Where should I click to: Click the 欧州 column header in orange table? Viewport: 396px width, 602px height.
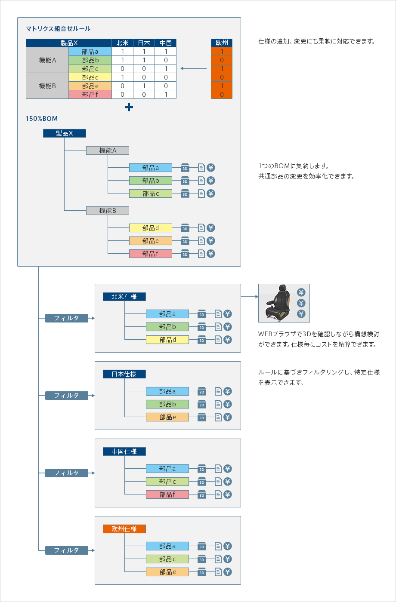[x=222, y=43]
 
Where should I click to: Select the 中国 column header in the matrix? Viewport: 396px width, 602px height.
[x=165, y=43]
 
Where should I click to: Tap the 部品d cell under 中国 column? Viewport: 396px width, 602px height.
[x=165, y=77]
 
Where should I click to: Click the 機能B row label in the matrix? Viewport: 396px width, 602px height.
[x=47, y=86]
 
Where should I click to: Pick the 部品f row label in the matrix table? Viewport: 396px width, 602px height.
[x=90, y=95]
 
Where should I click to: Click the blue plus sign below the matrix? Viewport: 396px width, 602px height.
[x=129, y=107]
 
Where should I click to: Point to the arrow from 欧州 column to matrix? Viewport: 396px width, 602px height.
[x=194, y=68]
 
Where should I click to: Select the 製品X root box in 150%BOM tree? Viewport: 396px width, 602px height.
[x=65, y=133]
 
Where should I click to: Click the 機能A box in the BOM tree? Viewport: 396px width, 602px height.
[x=108, y=150]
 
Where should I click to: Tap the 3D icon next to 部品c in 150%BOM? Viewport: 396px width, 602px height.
[x=185, y=193]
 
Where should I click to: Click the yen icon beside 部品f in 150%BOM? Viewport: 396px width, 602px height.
[x=211, y=254]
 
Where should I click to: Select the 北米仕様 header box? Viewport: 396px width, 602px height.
[x=124, y=297]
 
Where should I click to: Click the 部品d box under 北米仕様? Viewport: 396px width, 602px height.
[x=167, y=340]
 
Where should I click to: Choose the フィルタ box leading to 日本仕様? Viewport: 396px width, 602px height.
[x=67, y=396]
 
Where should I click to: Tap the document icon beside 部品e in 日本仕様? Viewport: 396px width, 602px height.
[x=218, y=417]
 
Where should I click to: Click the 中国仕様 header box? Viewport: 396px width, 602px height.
[x=124, y=451]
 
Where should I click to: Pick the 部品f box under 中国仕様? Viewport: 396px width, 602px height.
[x=167, y=494]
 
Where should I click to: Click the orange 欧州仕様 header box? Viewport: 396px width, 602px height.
[x=124, y=529]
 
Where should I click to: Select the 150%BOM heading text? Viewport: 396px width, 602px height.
[x=42, y=119]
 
